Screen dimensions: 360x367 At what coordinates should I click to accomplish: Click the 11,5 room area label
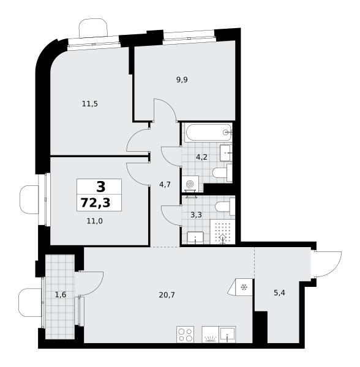pos(90,104)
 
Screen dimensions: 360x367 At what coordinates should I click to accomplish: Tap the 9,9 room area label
pos(182,80)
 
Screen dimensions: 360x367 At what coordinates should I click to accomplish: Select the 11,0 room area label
pos(95,221)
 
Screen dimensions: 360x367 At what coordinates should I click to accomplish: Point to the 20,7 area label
pos(167,295)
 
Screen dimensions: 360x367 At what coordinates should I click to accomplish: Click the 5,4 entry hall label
pos(279,292)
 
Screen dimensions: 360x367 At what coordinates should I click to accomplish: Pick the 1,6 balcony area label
pos(61,295)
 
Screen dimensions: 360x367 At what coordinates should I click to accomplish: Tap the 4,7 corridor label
pos(165,185)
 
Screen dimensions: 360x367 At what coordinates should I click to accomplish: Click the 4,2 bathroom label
pos(201,157)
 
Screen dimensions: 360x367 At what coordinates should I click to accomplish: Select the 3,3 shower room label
pos(196,215)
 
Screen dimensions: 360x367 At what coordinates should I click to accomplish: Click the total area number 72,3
pos(96,202)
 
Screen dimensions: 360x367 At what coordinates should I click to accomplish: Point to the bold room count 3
pos(101,187)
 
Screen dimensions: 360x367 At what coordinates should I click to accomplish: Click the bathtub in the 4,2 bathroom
pos(208,133)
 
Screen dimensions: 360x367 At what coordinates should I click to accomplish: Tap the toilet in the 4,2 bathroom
pos(222,173)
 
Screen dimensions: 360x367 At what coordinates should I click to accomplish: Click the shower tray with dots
pos(222,232)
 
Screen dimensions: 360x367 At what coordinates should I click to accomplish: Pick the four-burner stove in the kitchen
pos(186,335)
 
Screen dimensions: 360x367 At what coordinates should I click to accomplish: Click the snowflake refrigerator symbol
pos(244,287)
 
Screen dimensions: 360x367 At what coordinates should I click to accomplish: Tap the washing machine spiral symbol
pos(190,185)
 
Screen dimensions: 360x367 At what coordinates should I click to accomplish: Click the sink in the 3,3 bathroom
pos(195,238)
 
